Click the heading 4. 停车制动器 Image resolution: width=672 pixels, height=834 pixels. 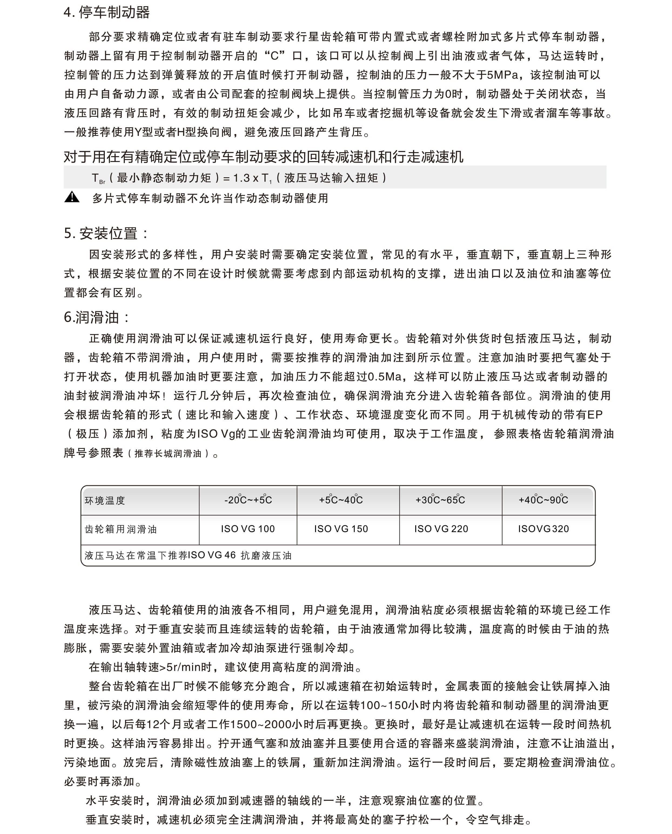click(106, 12)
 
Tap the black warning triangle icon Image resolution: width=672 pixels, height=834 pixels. click(72, 197)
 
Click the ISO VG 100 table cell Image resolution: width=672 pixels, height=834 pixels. click(248, 529)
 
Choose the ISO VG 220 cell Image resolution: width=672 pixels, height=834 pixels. click(441, 529)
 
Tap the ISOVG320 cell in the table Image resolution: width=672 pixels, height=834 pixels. click(543, 529)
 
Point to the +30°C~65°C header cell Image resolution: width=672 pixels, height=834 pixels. click(441, 500)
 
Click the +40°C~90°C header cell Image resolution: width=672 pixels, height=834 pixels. click(543, 500)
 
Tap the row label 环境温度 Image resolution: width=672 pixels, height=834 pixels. click(105, 501)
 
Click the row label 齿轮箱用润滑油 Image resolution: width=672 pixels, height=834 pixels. click(121, 529)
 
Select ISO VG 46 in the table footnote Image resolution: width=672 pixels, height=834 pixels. click(212, 555)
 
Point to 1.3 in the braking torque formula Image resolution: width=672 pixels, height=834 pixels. click(241, 178)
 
